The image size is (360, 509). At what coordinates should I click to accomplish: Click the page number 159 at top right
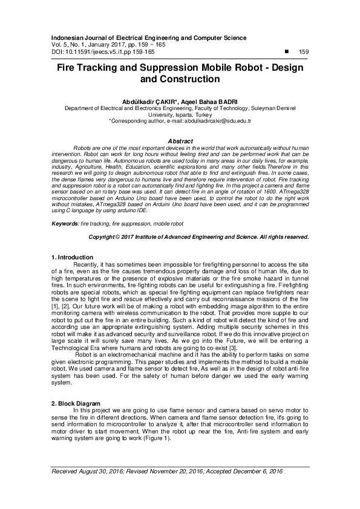pos(304,52)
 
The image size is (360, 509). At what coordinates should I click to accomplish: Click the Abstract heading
pos(180,141)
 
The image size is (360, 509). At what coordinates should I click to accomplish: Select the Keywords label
pos(66,223)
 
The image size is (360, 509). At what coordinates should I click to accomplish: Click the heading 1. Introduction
pos(73,258)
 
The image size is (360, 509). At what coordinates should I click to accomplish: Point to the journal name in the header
pos(145,37)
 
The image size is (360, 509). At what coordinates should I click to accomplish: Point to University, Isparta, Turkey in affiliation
pos(180,114)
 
